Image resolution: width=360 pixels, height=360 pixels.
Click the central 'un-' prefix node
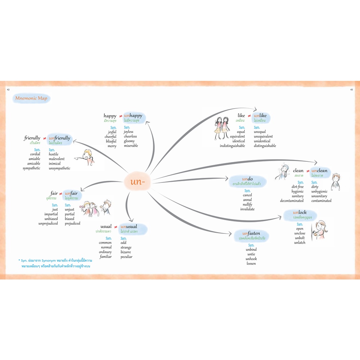point(137,182)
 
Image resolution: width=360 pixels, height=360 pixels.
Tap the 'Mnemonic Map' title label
point(31,98)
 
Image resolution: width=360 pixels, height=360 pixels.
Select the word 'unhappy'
point(133,116)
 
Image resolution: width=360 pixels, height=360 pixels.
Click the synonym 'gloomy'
point(129,141)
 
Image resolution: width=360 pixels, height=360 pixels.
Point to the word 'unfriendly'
point(59,138)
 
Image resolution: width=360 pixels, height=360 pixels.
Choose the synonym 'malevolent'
point(57,159)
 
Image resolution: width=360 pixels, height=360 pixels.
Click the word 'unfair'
point(71,193)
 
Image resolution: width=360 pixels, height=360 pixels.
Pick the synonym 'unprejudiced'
point(48,223)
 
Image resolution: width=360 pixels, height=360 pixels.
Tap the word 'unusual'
point(129,226)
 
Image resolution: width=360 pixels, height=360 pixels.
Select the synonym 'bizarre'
point(126,252)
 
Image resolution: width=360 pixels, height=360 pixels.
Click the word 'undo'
point(247,179)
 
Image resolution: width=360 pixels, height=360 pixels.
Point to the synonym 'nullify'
point(247,204)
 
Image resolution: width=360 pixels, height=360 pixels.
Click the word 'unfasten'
point(251,233)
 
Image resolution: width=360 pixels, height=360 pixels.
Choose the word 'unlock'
point(300,212)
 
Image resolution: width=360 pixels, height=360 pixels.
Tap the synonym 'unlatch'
point(300,243)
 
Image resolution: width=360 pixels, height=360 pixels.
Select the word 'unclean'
point(319,171)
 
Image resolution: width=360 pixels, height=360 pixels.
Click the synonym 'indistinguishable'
point(232,146)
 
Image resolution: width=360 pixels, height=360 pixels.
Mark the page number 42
point(8,90)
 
